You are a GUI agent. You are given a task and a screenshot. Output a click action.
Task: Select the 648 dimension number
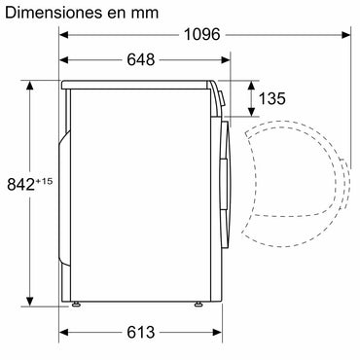point(141,60)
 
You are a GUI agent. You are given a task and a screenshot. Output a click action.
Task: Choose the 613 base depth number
point(140,333)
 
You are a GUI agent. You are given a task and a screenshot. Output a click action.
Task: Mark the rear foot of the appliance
point(76,305)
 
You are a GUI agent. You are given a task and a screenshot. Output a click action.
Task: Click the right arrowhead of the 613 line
point(207,332)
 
